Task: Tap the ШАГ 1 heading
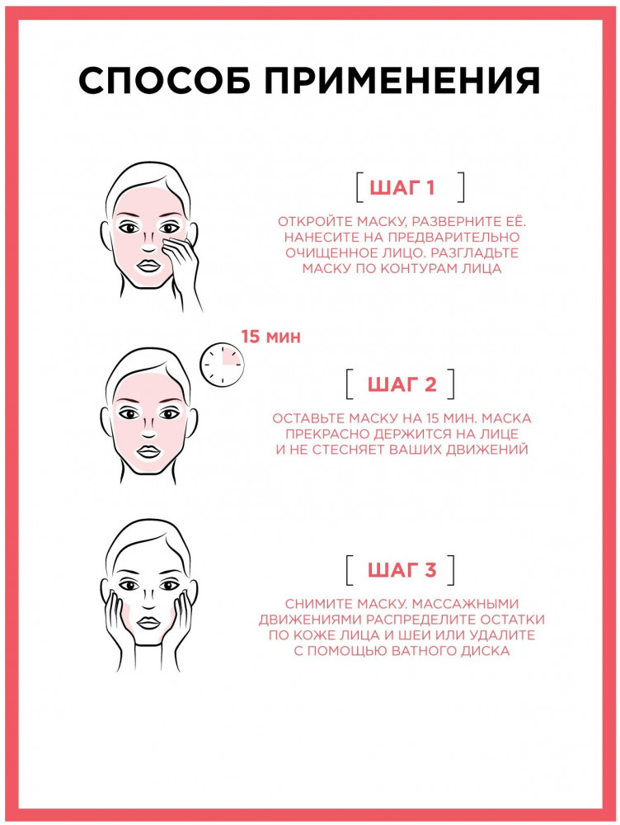click(x=402, y=187)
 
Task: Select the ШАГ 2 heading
click(x=402, y=384)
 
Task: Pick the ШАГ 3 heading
click(x=402, y=570)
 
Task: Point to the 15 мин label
click(x=270, y=337)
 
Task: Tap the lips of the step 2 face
click(x=148, y=451)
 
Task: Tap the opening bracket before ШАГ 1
click(x=359, y=187)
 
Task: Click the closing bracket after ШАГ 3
click(x=450, y=570)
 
